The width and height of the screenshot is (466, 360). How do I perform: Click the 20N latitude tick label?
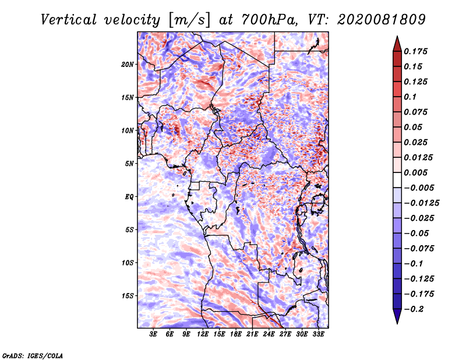click(x=128, y=65)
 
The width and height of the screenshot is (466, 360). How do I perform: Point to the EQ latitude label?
click(x=129, y=197)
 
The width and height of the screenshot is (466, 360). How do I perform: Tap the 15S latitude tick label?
click(x=128, y=296)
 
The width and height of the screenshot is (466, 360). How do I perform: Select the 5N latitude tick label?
click(x=129, y=164)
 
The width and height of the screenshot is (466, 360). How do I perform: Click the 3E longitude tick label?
click(x=153, y=334)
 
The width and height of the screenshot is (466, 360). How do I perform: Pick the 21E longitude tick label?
click(x=252, y=334)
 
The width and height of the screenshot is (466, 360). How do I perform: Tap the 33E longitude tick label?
click(x=318, y=334)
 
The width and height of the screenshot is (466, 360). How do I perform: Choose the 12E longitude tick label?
click(x=203, y=334)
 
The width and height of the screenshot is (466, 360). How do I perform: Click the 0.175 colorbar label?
click(x=415, y=51)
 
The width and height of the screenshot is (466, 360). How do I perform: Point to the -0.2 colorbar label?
click(x=414, y=309)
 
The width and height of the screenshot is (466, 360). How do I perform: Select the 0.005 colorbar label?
click(x=415, y=172)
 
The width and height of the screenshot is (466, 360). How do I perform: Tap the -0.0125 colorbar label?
click(x=421, y=203)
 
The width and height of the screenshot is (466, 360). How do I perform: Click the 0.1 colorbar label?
click(x=410, y=97)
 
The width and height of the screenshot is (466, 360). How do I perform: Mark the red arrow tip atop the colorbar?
click(x=397, y=36)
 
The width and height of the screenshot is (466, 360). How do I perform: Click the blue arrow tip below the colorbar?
click(x=397, y=323)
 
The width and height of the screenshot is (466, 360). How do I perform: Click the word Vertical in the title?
click(x=69, y=20)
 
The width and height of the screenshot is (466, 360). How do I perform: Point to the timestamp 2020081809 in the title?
click(x=382, y=20)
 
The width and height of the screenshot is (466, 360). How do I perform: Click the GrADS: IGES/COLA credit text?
click(x=33, y=355)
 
